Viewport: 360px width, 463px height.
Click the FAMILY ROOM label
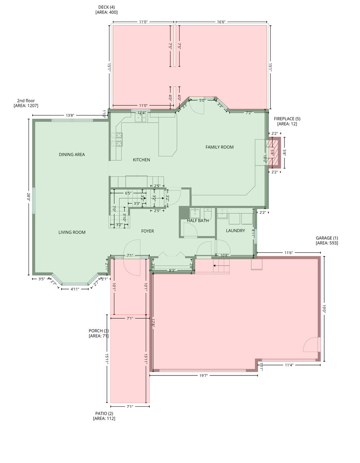point(219,147)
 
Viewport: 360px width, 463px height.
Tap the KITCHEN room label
point(141,160)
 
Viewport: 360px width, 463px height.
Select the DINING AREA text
point(72,154)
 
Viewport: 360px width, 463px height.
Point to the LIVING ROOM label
point(72,232)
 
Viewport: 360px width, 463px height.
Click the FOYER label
point(147,231)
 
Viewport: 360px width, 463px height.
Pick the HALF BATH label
point(198,221)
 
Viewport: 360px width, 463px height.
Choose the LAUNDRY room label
point(235,230)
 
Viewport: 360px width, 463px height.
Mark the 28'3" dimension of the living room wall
point(28,198)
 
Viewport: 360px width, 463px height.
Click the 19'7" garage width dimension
point(203,375)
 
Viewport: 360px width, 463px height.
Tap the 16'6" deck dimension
point(221,22)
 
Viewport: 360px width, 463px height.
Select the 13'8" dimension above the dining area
point(70,115)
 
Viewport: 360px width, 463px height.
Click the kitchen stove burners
point(116,139)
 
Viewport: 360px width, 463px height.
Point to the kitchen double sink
point(141,118)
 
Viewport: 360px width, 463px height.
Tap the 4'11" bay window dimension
point(75,289)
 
